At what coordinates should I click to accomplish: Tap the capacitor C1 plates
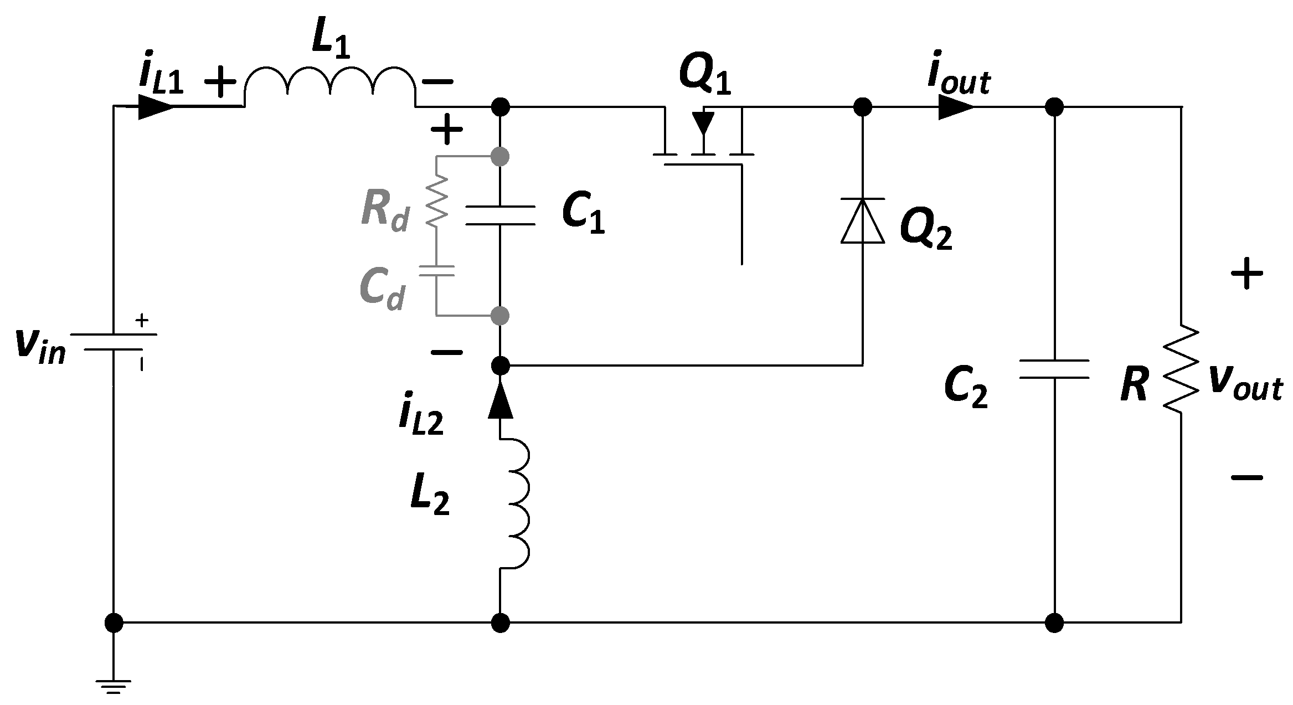coord(500,215)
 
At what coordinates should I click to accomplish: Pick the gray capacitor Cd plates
coord(436,270)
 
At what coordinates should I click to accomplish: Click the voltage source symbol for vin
coord(114,342)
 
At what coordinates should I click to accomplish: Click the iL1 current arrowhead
coord(156,106)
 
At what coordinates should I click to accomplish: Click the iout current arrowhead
coord(956,106)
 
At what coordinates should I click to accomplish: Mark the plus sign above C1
coord(446,131)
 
